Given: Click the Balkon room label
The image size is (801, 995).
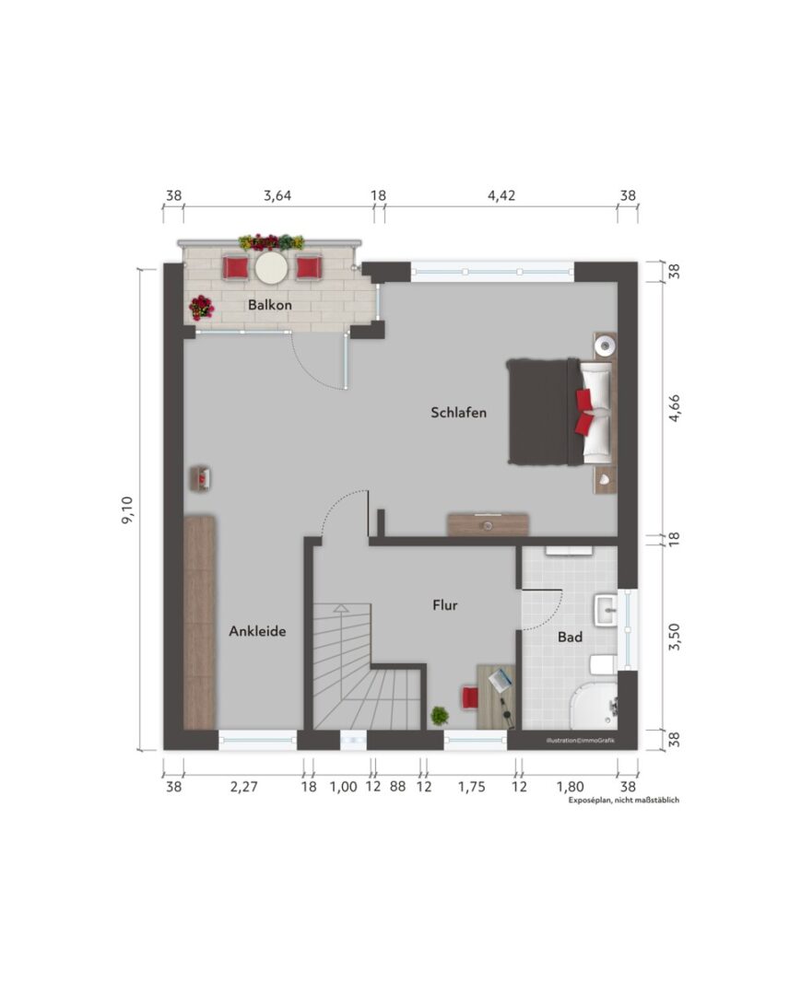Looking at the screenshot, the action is tap(270, 305).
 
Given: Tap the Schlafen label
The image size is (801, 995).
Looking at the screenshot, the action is tap(458, 413).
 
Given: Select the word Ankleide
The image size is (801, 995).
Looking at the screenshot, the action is tap(257, 631).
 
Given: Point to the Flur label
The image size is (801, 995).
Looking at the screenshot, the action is tap(445, 605).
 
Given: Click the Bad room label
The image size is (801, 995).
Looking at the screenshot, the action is tap(570, 637).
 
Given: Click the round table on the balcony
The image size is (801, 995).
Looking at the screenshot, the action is tap(272, 268).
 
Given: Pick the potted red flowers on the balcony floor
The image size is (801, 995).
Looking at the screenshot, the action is tap(201, 308).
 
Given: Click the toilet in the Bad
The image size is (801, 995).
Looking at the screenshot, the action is tap(603, 665).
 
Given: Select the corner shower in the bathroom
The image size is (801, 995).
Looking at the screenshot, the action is tap(595, 707).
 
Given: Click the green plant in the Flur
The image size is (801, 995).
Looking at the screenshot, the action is tap(440, 716).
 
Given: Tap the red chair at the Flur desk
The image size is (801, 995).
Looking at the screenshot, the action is tap(470, 696).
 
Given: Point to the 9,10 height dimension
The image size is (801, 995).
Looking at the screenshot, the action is tap(127, 509).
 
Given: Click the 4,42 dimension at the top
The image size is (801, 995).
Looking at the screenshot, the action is tap(501, 195).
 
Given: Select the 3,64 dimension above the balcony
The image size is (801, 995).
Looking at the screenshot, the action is tap(277, 195).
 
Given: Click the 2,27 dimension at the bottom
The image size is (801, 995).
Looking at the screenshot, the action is tap(243, 787).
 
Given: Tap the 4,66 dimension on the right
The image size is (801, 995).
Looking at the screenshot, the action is tap(674, 408).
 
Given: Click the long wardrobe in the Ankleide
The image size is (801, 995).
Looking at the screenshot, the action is tap(199, 623).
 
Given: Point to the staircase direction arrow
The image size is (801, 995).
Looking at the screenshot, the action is tap(341, 608).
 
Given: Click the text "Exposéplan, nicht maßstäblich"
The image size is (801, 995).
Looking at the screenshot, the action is tap(624, 801).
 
